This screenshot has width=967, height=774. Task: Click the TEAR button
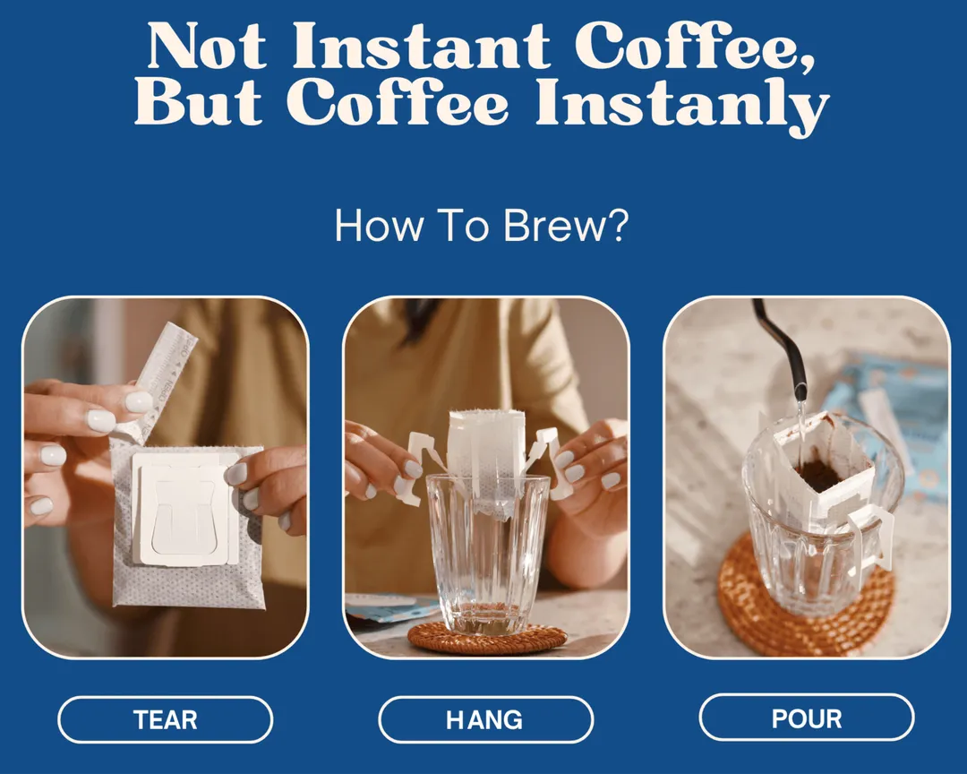166,719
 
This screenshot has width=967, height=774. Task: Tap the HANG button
485,719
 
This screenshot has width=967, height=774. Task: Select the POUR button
806,718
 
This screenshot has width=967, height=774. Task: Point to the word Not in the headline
207,47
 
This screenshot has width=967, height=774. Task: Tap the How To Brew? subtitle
482,226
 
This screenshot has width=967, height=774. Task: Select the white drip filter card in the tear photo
185,509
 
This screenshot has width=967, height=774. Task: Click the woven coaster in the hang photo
486,638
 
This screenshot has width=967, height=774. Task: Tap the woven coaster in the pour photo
806,596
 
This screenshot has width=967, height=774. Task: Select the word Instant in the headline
422,47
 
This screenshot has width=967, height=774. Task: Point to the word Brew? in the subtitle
566,226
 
